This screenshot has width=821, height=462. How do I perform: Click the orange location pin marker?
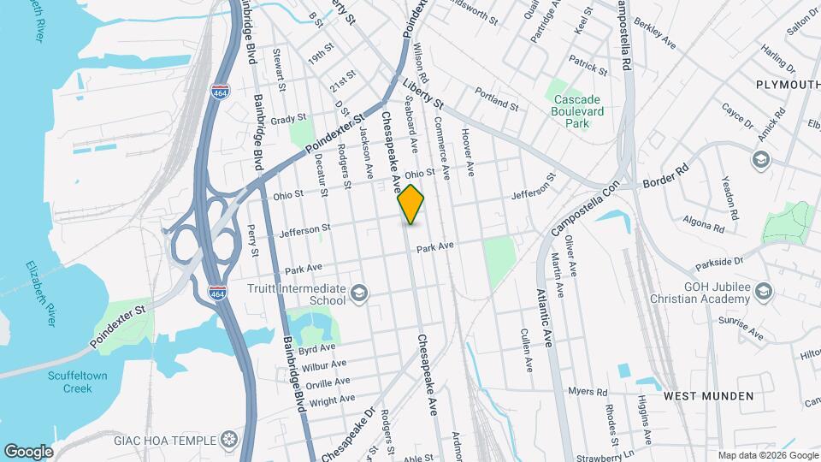coord(411,204)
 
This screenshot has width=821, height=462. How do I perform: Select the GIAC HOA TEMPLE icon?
coord(228,441)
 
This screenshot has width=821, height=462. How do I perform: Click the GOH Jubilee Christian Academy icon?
coord(763,293)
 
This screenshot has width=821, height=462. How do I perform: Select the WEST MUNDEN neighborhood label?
coord(709,396)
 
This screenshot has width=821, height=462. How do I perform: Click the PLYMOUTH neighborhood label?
coord(788,84)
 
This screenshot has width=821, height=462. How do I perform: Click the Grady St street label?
coord(288,121)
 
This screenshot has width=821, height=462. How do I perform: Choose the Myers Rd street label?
coord(588,392)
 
